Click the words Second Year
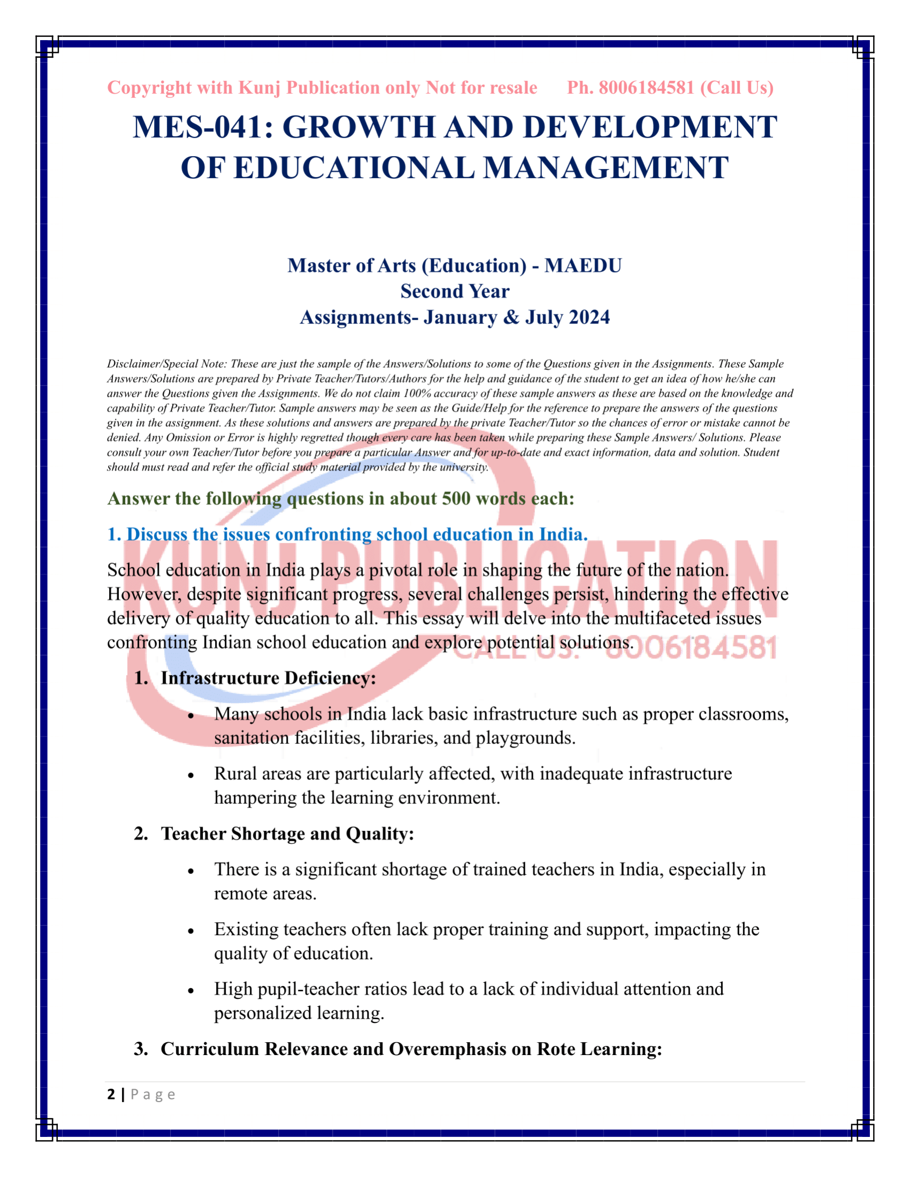(454, 291)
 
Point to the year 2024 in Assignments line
(589, 317)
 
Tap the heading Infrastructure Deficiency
(268, 678)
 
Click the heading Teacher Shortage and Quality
(287, 833)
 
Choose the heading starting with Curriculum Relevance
(411, 1049)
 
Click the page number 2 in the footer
(111, 1095)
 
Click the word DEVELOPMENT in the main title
(649, 128)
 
